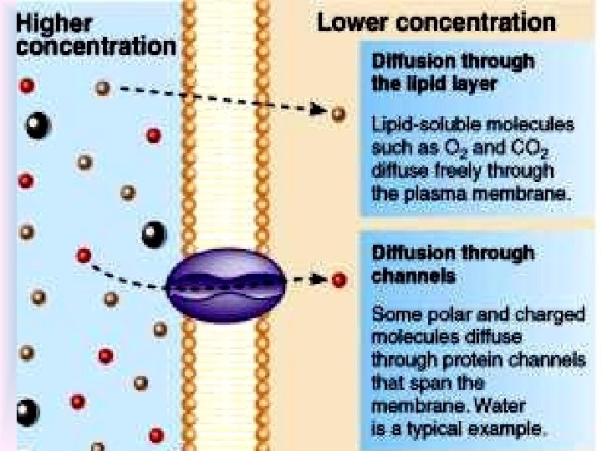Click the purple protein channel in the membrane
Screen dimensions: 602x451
click(227, 284)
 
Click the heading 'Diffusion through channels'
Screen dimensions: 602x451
click(452, 263)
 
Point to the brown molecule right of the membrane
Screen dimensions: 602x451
click(338, 113)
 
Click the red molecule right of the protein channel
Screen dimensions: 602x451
click(338, 280)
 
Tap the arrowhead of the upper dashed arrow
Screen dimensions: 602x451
click(319, 109)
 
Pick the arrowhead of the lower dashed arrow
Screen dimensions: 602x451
click(319, 280)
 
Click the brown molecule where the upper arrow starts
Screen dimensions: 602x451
click(102, 88)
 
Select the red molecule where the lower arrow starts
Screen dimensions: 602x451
click(84, 256)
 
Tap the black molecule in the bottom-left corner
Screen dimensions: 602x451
click(26, 412)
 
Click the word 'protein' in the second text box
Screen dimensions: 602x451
click(463, 361)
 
